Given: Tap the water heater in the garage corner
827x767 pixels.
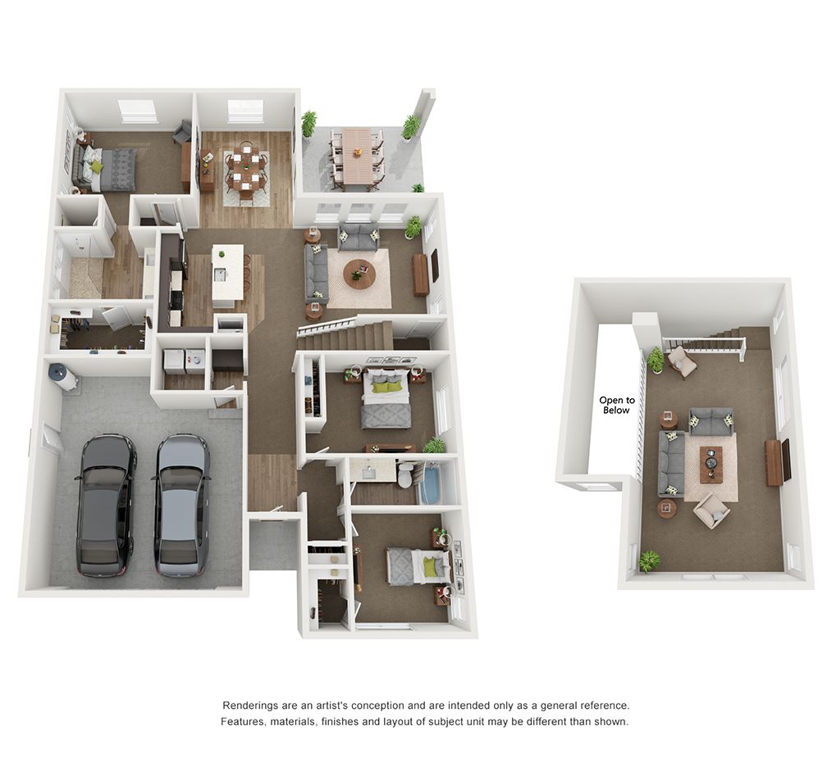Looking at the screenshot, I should [x=64, y=378].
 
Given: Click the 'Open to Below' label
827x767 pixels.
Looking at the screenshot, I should [x=615, y=405].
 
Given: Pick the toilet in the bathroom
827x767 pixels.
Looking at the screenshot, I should [x=406, y=475].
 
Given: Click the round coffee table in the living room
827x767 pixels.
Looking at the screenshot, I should [x=359, y=273].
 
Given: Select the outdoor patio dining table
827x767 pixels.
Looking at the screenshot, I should [x=356, y=155].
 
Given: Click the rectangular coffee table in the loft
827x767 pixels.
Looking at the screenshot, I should [x=710, y=464].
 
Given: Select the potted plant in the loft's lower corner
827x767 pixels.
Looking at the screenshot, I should [x=649, y=560].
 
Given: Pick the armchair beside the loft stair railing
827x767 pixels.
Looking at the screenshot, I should [x=682, y=361].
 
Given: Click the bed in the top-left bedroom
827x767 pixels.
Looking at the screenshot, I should [x=109, y=168].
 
